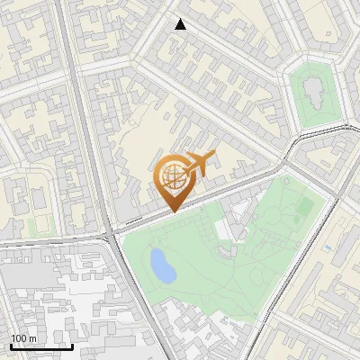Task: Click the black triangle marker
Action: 181,24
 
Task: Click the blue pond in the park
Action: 162,265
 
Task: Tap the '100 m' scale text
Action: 24,338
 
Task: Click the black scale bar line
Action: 41,346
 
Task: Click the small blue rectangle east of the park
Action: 328,246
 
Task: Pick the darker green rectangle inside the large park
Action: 305,208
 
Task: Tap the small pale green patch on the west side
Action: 37,226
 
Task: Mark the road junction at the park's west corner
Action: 114,232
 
